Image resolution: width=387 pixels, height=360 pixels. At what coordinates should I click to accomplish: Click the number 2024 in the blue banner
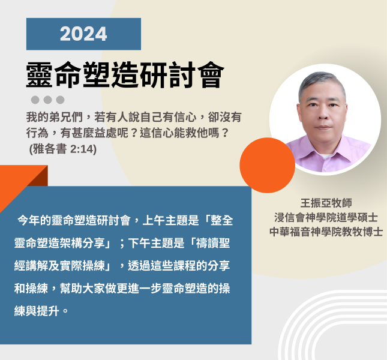pos(83,34)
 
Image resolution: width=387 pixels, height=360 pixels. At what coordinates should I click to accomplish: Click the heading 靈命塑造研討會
pos(125,75)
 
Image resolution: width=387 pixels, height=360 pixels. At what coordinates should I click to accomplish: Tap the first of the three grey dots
pos(35,100)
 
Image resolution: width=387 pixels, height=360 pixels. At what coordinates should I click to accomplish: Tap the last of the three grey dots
pos(60,100)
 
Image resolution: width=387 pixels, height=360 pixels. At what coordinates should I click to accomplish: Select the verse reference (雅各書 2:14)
pos(63,149)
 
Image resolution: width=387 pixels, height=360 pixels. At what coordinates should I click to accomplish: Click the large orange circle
pos(267,166)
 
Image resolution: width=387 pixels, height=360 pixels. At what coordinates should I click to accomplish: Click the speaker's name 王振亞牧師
pos(326,203)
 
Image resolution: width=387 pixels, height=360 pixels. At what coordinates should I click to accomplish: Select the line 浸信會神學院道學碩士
pos(326,217)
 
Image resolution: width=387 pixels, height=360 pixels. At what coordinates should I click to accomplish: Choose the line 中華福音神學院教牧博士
pos(326,232)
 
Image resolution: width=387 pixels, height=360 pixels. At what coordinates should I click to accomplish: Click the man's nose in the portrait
pos(322,114)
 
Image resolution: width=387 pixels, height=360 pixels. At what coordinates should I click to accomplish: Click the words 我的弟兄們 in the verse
pos(55,117)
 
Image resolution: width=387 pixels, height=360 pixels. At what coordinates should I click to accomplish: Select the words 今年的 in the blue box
pos(34,220)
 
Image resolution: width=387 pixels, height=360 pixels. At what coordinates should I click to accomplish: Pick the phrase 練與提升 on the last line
pos(37,311)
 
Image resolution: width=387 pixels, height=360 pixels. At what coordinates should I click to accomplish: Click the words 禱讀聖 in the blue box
pos(213,243)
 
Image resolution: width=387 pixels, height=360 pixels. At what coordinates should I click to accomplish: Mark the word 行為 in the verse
pos(37,133)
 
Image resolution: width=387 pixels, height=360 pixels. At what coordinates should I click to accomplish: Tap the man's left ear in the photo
pos(345,112)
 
